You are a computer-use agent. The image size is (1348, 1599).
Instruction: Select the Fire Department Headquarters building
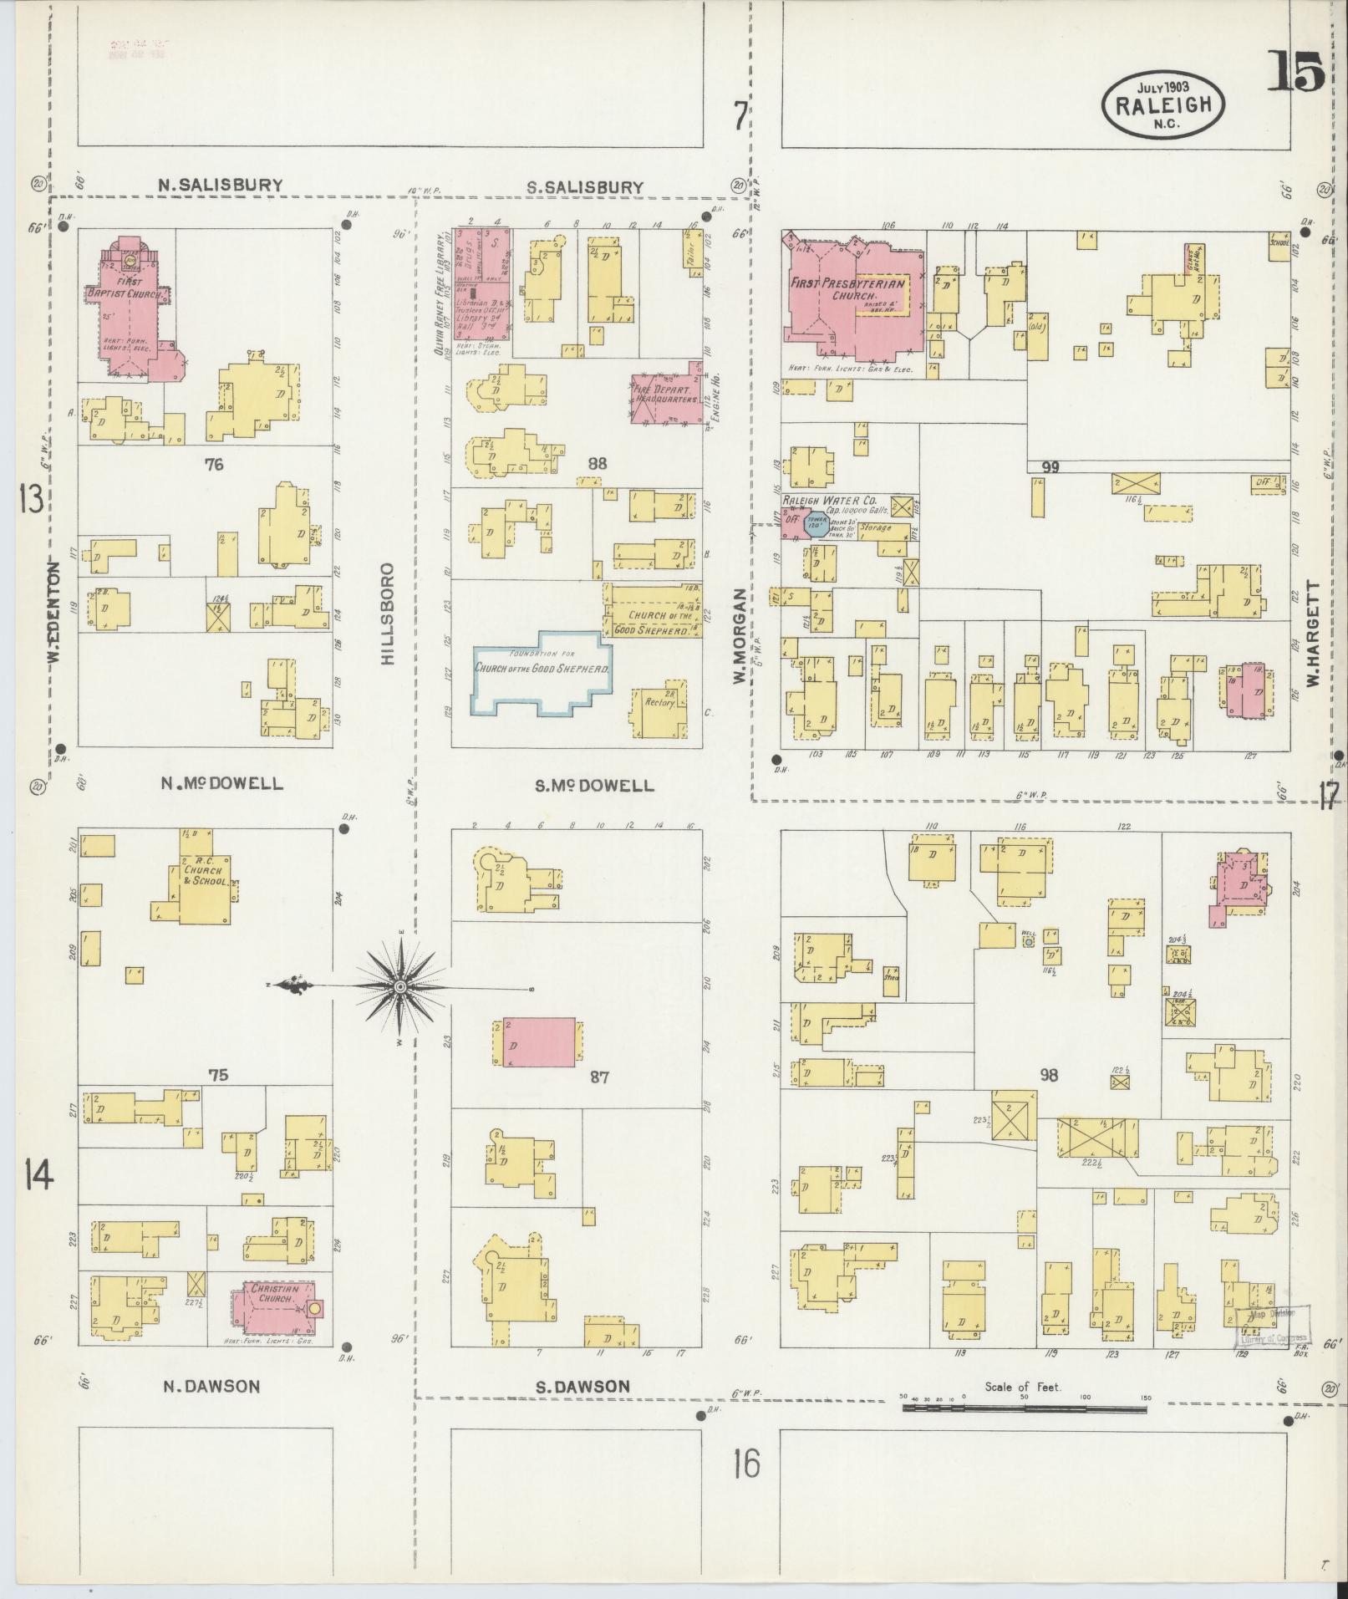(665, 395)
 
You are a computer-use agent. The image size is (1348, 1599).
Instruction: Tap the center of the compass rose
(401, 987)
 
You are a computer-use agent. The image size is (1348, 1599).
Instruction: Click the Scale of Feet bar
(1024, 1408)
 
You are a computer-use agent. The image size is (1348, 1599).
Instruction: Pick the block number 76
(215, 464)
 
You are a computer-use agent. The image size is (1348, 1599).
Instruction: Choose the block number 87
(599, 1077)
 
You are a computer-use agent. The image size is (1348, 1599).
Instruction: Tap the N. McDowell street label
(221, 784)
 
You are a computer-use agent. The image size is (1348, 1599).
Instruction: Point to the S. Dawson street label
(582, 1386)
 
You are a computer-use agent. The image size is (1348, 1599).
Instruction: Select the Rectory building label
(660, 702)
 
